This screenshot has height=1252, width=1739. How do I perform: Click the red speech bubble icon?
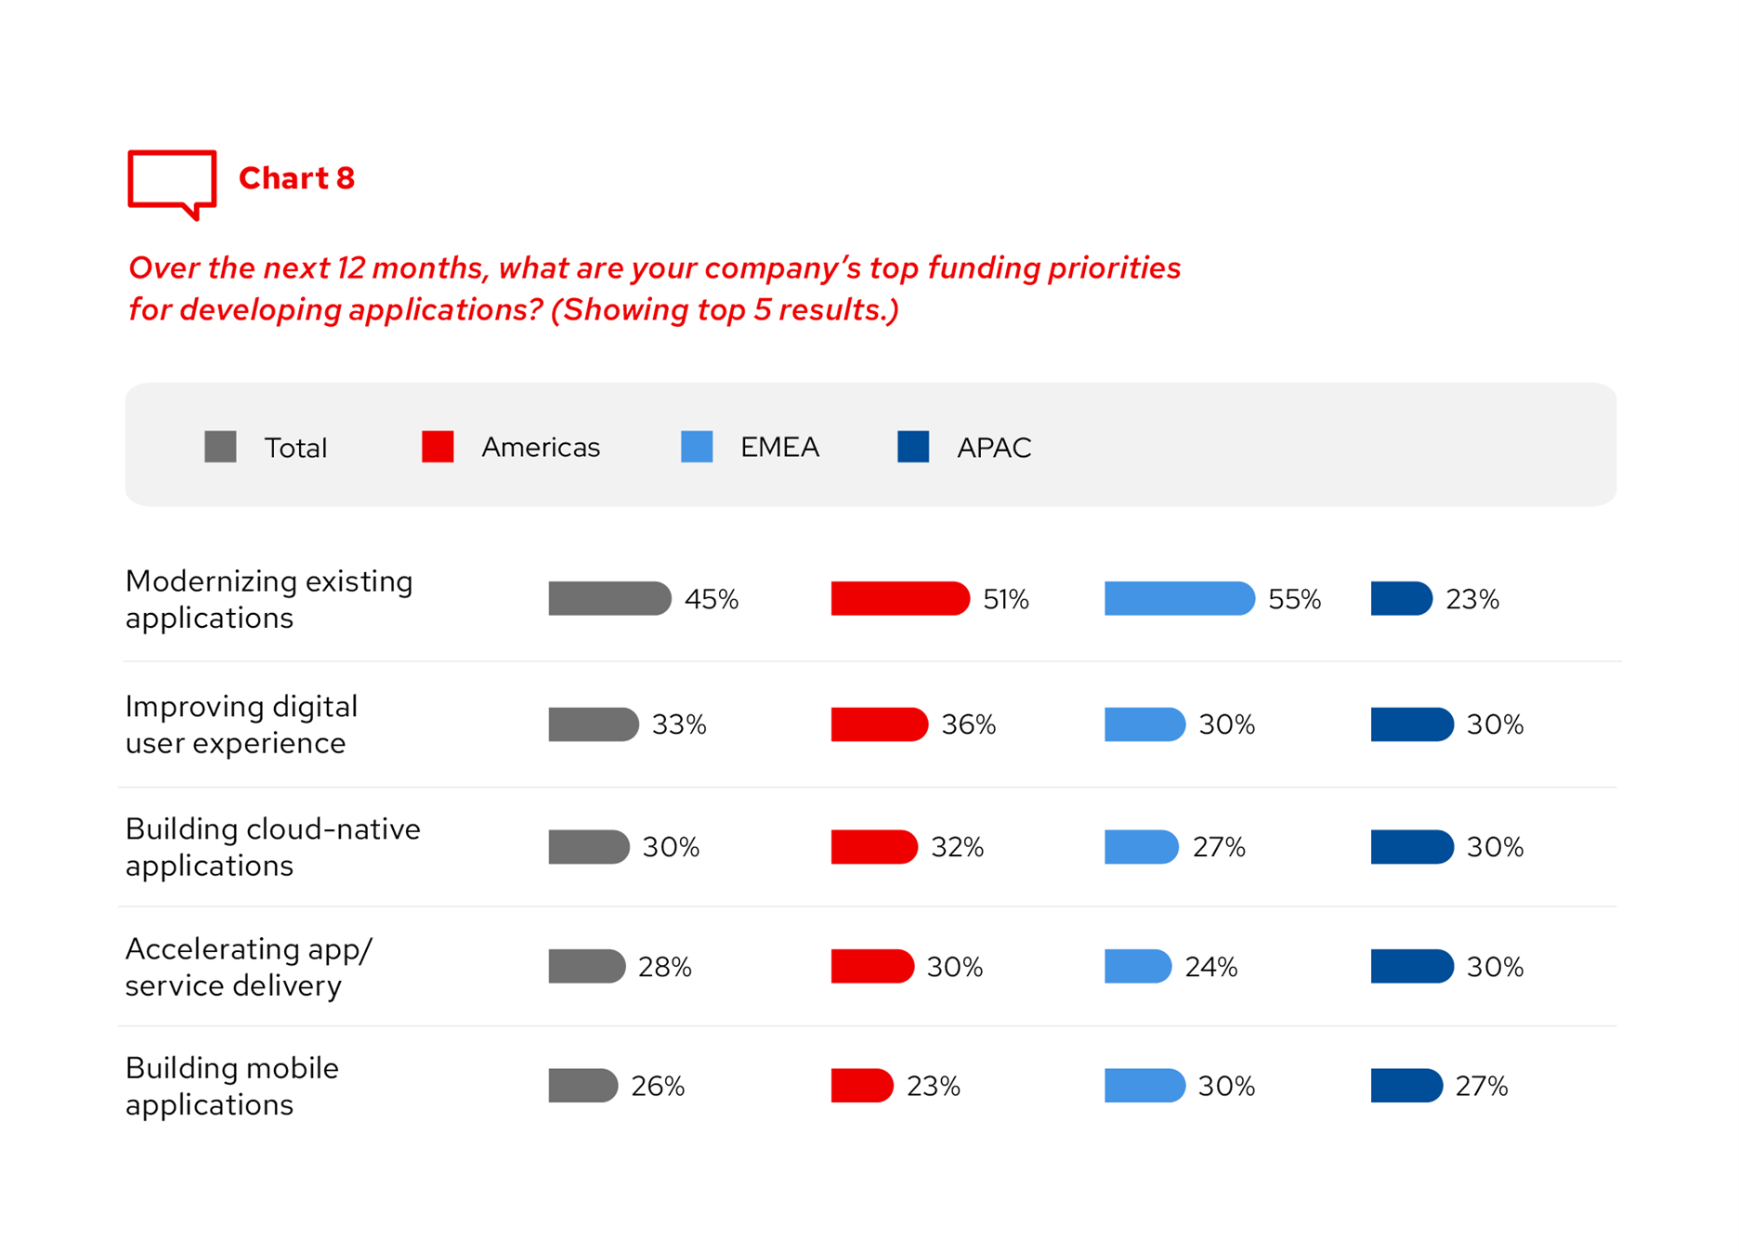[x=172, y=183]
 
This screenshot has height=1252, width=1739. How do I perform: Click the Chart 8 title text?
[x=296, y=178]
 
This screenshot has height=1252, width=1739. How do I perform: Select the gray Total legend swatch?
[x=220, y=447]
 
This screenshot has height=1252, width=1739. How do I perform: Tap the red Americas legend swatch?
[x=438, y=447]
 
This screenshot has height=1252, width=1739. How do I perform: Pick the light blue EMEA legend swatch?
[x=697, y=447]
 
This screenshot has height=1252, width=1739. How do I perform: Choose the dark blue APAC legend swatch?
[x=913, y=447]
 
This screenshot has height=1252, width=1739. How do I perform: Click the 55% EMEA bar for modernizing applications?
[x=1178, y=599]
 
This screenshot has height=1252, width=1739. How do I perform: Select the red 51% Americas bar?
[x=899, y=599]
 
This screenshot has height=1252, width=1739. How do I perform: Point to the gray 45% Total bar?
[x=608, y=599]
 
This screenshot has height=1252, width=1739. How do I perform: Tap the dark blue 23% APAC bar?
[x=1401, y=599]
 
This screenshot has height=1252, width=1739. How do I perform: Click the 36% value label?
[x=968, y=724]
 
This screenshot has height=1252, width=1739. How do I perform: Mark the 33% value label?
[x=679, y=724]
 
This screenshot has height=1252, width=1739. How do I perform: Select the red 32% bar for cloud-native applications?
[x=873, y=847]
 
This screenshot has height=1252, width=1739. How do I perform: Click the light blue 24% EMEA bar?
[x=1137, y=967]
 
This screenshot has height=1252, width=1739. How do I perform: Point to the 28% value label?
[x=665, y=968]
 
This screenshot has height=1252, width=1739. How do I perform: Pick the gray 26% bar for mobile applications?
[x=582, y=1086]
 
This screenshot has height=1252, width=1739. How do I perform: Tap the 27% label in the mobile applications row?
[x=1481, y=1087]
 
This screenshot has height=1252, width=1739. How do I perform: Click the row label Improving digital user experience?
[x=242, y=724]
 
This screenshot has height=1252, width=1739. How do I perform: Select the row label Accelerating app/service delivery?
[x=248, y=967]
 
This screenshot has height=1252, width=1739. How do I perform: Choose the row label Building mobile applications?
[x=232, y=1086]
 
